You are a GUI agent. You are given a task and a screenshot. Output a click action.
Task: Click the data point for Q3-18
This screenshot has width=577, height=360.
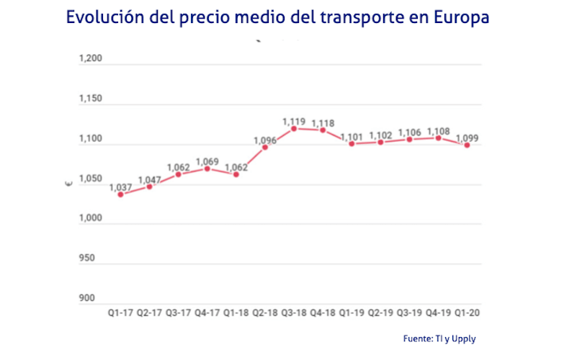point(294,129)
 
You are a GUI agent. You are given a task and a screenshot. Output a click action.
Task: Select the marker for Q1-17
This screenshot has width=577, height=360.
point(120,194)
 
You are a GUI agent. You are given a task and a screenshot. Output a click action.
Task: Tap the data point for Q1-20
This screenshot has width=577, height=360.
point(468,145)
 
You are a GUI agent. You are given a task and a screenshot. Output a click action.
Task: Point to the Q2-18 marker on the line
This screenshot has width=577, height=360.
point(265,147)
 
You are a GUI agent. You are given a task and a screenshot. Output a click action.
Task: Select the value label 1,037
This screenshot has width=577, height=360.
point(120,187)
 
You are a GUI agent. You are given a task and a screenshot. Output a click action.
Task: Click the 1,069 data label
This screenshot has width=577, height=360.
point(207,161)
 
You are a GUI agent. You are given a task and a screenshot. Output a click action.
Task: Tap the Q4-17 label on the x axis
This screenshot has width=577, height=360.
point(207,313)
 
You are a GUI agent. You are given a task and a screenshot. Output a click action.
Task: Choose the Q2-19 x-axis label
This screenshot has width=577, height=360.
point(380,313)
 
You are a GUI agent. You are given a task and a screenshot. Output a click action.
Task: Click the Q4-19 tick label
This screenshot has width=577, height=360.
point(438,313)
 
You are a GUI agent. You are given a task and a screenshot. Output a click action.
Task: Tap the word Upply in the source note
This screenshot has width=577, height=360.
point(463,339)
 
